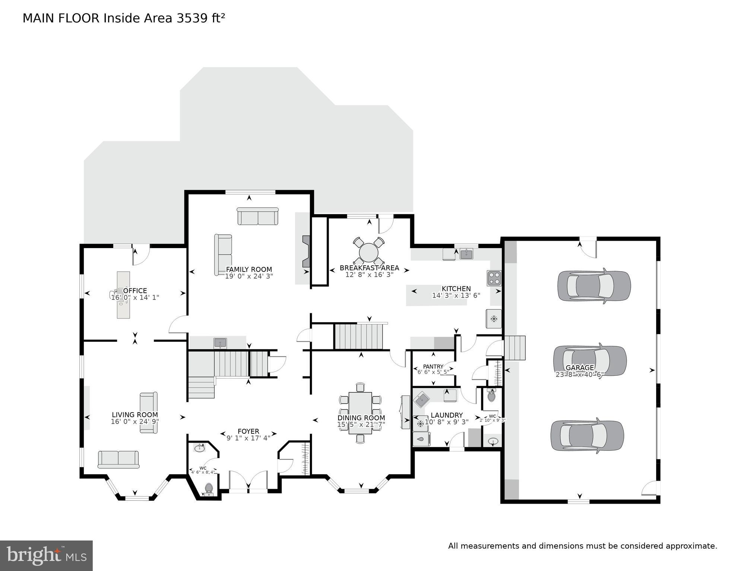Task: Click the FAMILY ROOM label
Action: [249, 269]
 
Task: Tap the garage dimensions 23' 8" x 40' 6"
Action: [579, 375]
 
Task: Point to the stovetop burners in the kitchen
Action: [494, 278]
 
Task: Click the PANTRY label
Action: [433, 366]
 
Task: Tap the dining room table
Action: [360, 413]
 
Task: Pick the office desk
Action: [123, 295]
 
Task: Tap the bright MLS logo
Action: [46, 555]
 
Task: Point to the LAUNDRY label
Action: [447, 415]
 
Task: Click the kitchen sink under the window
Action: [466, 254]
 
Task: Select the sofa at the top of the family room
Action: [258, 216]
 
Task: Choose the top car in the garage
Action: [594, 286]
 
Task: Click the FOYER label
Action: [248, 432]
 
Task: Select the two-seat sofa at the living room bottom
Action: [118, 459]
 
